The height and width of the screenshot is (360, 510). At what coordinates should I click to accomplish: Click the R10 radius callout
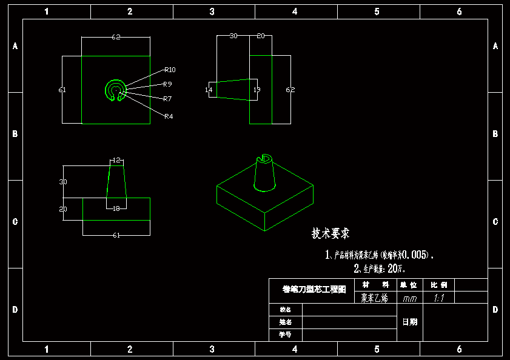point(169,69)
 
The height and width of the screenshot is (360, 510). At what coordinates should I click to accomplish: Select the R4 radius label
point(169,116)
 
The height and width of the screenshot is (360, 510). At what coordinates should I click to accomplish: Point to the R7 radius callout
point(167,98)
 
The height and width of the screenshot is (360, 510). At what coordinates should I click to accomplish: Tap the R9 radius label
point(167,84)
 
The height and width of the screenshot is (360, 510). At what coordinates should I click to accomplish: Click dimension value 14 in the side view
point(209,90)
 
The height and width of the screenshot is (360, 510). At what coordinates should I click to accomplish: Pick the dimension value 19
point(257,90)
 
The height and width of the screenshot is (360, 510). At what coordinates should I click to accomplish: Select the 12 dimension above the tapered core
point(116,161)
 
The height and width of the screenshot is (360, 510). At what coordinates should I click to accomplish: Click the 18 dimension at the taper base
point(116,208)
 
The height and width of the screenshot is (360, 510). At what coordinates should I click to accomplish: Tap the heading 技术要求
point(330,233)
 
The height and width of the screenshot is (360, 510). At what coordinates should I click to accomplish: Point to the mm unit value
point(410,298)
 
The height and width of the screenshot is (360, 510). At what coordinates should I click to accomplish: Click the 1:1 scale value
point(439,298)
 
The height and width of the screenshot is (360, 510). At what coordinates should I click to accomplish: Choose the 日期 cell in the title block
point(410,322)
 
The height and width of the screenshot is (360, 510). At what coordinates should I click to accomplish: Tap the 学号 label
point(285,334)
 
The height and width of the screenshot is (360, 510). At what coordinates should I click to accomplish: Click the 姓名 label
point(285,322)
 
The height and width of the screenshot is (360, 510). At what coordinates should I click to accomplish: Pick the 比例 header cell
point(439,285)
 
